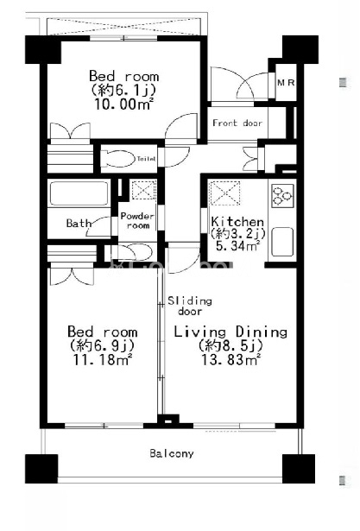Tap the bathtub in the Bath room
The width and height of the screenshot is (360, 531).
point(79,193)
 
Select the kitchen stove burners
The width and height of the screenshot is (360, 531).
point(282,196)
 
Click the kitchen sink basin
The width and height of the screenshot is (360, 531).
point(282,242)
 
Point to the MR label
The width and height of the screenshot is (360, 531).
point(286,82)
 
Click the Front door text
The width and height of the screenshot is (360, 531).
point(237,123)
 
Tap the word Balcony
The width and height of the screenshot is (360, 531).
point(172,453)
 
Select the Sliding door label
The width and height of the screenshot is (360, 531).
point(190,307)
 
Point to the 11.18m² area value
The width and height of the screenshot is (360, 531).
point(103,360)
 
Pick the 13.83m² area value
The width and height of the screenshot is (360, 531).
point(231,360)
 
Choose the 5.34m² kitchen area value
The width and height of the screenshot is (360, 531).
point(237,246)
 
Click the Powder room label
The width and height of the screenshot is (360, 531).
point(137,221)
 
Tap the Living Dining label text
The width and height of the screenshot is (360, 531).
point(231,332)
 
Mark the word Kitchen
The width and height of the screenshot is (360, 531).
point(237,222)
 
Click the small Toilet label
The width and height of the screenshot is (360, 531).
point(146,159)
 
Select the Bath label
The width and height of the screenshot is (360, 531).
point(79,223)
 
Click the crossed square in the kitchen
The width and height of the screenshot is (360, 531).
point(225,193)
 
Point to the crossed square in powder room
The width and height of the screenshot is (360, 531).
point(144,190)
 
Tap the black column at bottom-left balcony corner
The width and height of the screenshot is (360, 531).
point(41,469)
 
